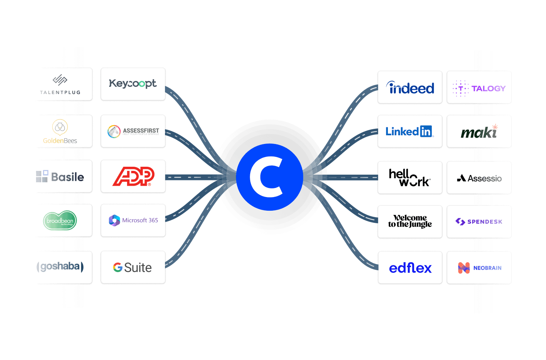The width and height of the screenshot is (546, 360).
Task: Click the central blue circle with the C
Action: [x=270, y=177]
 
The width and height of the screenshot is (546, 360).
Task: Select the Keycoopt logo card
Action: [x=133, y=84]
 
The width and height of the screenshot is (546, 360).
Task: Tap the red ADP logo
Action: [x=133, y=176]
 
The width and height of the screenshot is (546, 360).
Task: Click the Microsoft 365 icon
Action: [x=115, y=220]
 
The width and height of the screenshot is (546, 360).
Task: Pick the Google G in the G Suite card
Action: [x=118, y=268]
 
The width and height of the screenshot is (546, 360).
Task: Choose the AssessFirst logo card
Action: [x=133, y=131]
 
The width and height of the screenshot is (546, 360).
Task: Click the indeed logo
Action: [x=410, y=88]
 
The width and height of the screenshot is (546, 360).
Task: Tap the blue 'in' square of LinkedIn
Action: [x=426, y=131]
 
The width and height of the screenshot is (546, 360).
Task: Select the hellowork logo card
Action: [x=410, y=178]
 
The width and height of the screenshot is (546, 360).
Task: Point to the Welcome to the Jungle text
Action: [x=410, y=221]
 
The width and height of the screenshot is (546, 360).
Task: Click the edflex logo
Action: [x=410, y=268]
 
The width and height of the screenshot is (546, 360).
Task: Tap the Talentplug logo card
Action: [x=61, y=84]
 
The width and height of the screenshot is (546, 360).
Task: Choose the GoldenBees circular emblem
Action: [x=60, y=127]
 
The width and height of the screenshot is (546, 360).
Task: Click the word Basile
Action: [x=67, y=177]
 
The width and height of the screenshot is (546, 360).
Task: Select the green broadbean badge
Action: [x=60, y=221]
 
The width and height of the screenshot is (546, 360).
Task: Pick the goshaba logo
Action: [x=60, y=266]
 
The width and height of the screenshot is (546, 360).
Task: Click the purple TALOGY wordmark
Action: [x=488, y=89]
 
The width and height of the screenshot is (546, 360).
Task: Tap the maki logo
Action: [x=479, y=132]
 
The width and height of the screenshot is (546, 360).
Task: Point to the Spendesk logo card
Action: [x=479, y=222]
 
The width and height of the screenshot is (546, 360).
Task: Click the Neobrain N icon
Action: [x=464, y=268]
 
